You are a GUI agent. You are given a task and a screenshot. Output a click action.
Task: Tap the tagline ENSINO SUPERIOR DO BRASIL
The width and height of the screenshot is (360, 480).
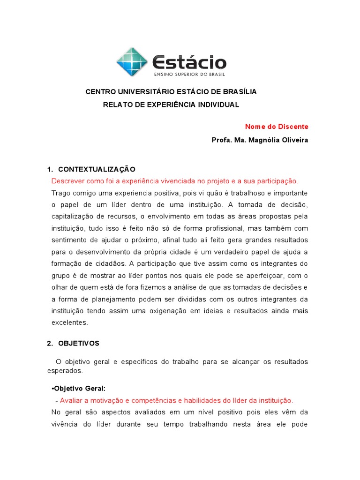point(189,74)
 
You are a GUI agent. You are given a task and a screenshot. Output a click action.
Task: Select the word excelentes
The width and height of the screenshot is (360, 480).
point(69,322)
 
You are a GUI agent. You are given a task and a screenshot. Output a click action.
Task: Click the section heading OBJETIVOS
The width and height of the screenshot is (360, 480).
point(79,343)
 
